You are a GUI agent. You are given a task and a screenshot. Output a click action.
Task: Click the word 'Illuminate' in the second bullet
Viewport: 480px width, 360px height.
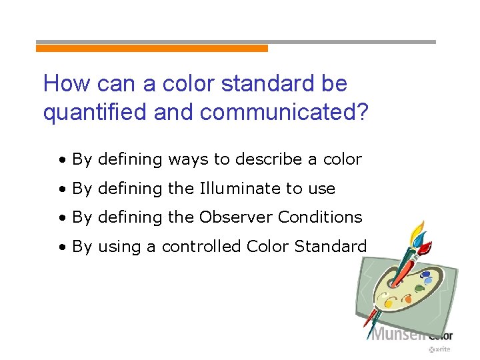click(240, 189)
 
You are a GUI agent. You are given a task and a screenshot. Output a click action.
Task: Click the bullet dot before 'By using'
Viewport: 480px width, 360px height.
click(61, 247)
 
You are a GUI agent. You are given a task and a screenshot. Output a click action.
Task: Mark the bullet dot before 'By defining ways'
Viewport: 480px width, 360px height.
click(61, 161)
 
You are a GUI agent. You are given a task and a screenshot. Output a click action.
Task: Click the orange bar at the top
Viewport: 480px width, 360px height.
click(152, 49)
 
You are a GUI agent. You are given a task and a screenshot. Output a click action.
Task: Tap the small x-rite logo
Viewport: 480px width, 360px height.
click(441, 349)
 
